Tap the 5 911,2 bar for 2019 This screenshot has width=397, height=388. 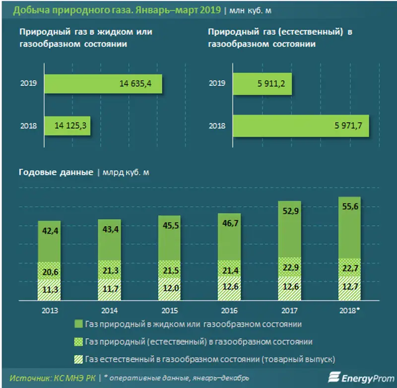tap(262, 84)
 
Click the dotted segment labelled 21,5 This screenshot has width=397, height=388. tap(169, 271)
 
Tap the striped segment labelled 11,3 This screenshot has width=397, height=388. tap(49, 290)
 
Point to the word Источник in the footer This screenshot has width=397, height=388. tap(30, 378)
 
